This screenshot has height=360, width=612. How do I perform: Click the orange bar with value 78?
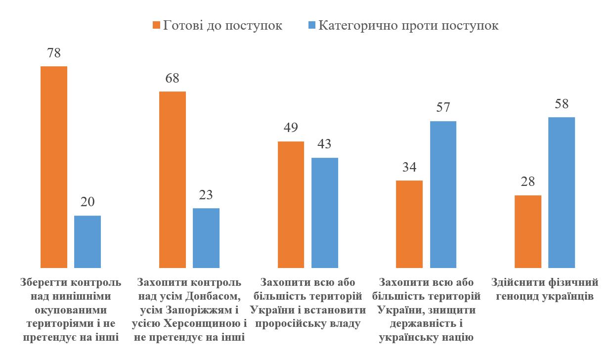(53, 167)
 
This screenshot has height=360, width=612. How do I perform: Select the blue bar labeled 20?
(87, 242)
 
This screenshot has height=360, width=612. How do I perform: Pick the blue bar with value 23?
(206, 238)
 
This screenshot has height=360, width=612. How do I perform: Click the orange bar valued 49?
(291, 205)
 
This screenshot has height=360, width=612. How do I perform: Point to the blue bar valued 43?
(325, 213)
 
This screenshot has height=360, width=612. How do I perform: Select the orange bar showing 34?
(409, 224)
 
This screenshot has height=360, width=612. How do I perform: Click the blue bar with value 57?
(443, 194)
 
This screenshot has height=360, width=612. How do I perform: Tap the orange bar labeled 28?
(528, 231)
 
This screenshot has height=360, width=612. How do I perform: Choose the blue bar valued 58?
(562, 192)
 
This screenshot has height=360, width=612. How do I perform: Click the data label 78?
(53, 53)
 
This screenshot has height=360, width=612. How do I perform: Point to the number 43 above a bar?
(325, 144)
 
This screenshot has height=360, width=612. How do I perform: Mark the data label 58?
(562, 104)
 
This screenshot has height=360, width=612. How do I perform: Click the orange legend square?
(156, 25)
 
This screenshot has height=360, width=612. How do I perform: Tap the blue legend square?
(311, 25)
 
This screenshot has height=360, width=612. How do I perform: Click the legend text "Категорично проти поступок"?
(408, 25)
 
